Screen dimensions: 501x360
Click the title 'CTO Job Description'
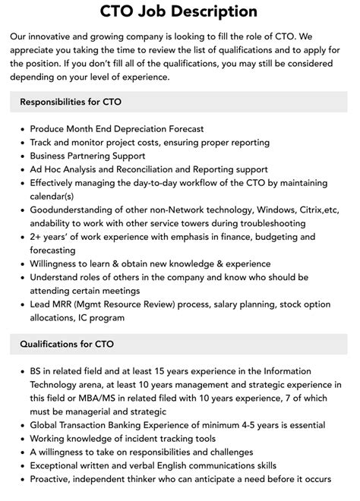(x=179, y=11)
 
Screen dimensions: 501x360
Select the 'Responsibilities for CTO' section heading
(x=71, y=101)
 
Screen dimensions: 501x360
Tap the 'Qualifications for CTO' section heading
(x=67, y=344)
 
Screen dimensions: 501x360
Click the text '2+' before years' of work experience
(x=37, y=238)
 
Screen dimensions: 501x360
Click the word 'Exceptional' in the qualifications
(x=59, y=466)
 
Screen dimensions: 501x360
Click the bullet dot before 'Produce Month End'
(x=21, y=129)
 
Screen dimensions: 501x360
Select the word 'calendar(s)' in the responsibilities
(x=57, y=197)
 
